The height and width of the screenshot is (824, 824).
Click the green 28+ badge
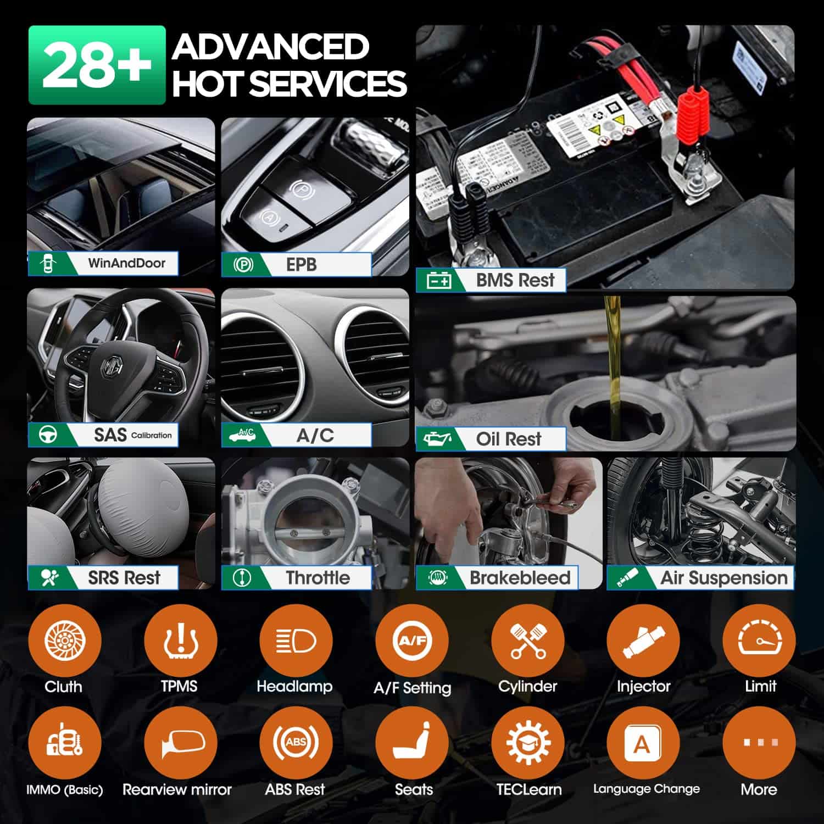click(97, 65)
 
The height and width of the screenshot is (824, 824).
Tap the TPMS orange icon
click(180, 641)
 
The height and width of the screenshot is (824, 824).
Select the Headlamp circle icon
click(296, 641)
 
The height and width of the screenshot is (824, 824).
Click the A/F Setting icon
click(412, 641)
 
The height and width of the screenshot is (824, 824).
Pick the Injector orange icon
click(643, 641)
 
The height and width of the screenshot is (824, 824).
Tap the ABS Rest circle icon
click(296, 743)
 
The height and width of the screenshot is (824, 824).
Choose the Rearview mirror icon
click(180, 743)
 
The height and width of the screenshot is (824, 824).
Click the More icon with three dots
click(759, 743)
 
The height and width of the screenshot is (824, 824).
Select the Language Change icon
click(643, 743)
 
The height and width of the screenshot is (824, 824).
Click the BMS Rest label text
click(515, 280)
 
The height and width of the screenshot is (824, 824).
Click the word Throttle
click(318, 578)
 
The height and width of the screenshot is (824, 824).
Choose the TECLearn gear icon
click(528, 743)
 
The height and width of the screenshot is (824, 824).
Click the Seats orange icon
click(412, 743)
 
